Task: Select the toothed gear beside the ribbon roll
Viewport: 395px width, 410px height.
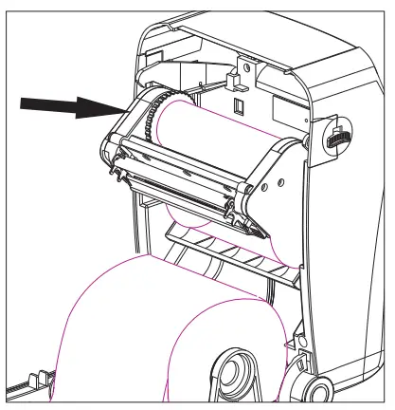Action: pyautogui.click(x=149, y=118)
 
